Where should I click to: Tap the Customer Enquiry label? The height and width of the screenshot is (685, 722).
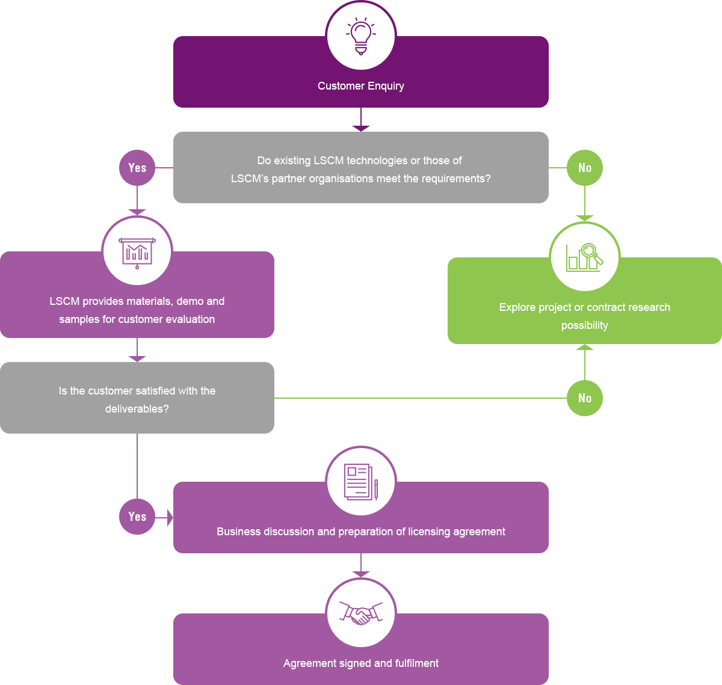coord(361,86)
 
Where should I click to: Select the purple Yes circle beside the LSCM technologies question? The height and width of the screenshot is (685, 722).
coord(137,168)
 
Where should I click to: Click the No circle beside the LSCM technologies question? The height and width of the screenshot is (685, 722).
coord(585,168)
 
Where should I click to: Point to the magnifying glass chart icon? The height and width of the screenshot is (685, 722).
coord(585,257)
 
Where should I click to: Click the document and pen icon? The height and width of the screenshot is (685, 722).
coord(361,481)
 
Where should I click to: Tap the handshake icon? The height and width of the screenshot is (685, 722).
coord(361,613)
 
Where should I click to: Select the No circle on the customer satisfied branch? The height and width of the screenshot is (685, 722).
coord(585,398)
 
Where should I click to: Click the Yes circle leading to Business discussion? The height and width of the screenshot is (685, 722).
coord(137,517)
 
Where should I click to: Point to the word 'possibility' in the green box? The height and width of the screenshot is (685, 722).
coord(585,326)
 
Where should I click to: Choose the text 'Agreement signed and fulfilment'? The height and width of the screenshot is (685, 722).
coord(361,663)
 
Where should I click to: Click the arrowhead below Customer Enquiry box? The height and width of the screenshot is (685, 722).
coord(361,128)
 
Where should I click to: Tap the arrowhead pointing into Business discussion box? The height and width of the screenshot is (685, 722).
coord(169,517)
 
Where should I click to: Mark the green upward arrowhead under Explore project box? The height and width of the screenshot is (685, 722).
coord(585,347)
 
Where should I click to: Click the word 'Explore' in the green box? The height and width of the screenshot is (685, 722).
coord(517,307)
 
